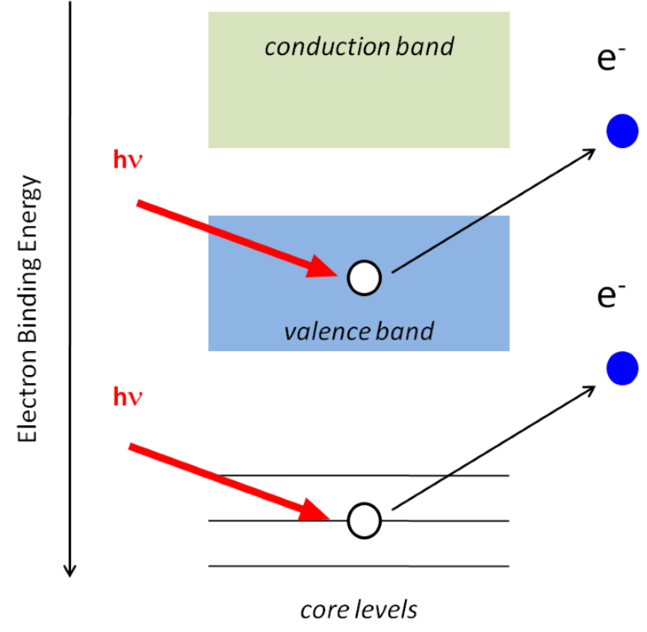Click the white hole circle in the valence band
pos(365,278)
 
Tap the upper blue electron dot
pos(622,131)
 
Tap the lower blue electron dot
pos(622,368)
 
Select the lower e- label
pos(610,296)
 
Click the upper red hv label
pos(128,160)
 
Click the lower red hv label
pos(128,396)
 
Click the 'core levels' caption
pos(359,610)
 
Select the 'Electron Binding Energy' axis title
pos(28,309)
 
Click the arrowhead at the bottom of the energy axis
pos(69,571)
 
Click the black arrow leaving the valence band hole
pos(493,211)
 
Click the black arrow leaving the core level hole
pos(493,448)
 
